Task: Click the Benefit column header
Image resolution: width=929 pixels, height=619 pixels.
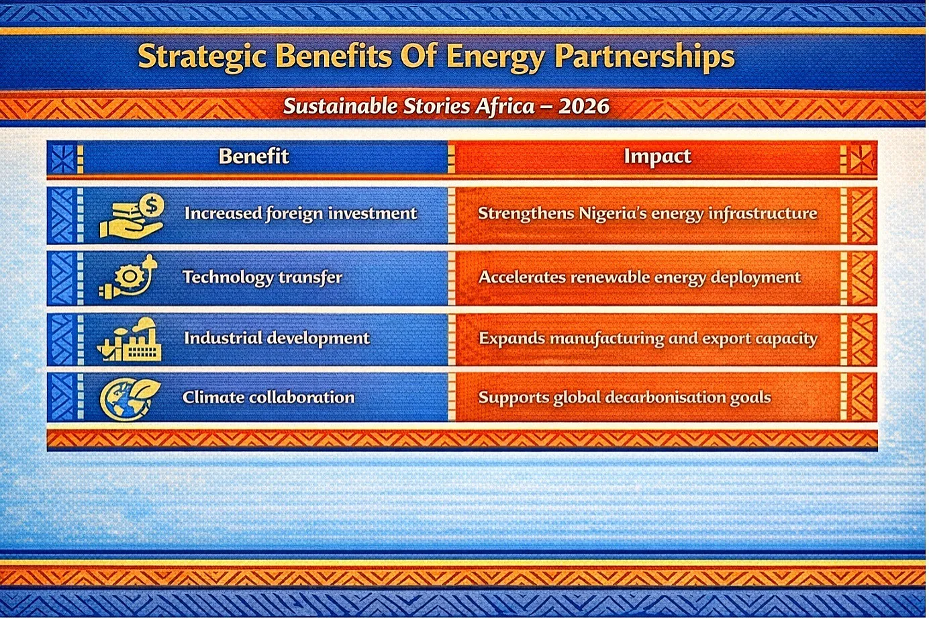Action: (254, 156)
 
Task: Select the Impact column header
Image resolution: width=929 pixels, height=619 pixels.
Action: (657, 157)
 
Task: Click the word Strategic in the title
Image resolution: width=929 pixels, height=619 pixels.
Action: (202, 57)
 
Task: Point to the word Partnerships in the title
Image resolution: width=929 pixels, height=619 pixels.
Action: (645, 57)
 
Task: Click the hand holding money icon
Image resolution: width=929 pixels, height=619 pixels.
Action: (132, 216)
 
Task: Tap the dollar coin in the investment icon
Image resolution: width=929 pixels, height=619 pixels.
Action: (152, 205)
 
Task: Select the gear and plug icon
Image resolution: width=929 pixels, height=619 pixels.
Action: (128, 277)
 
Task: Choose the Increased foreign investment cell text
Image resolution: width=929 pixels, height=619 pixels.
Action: (301, 213)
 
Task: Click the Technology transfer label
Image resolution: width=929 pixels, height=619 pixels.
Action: (262, 277)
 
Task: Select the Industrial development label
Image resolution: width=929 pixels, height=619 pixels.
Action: (277, 338)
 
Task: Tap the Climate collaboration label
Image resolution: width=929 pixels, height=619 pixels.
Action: (268, 397)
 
